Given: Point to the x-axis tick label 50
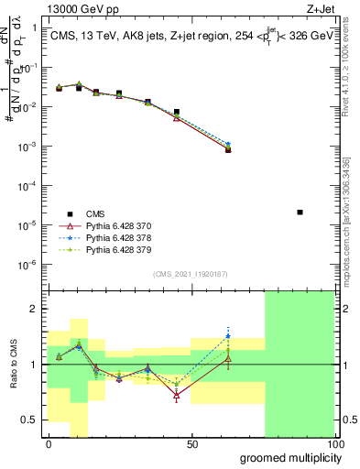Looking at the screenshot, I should (191, 444).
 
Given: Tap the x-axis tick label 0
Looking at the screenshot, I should (49, 444).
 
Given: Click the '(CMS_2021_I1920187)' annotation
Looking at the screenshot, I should (190, 273).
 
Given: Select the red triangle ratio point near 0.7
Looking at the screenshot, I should (176, 396).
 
